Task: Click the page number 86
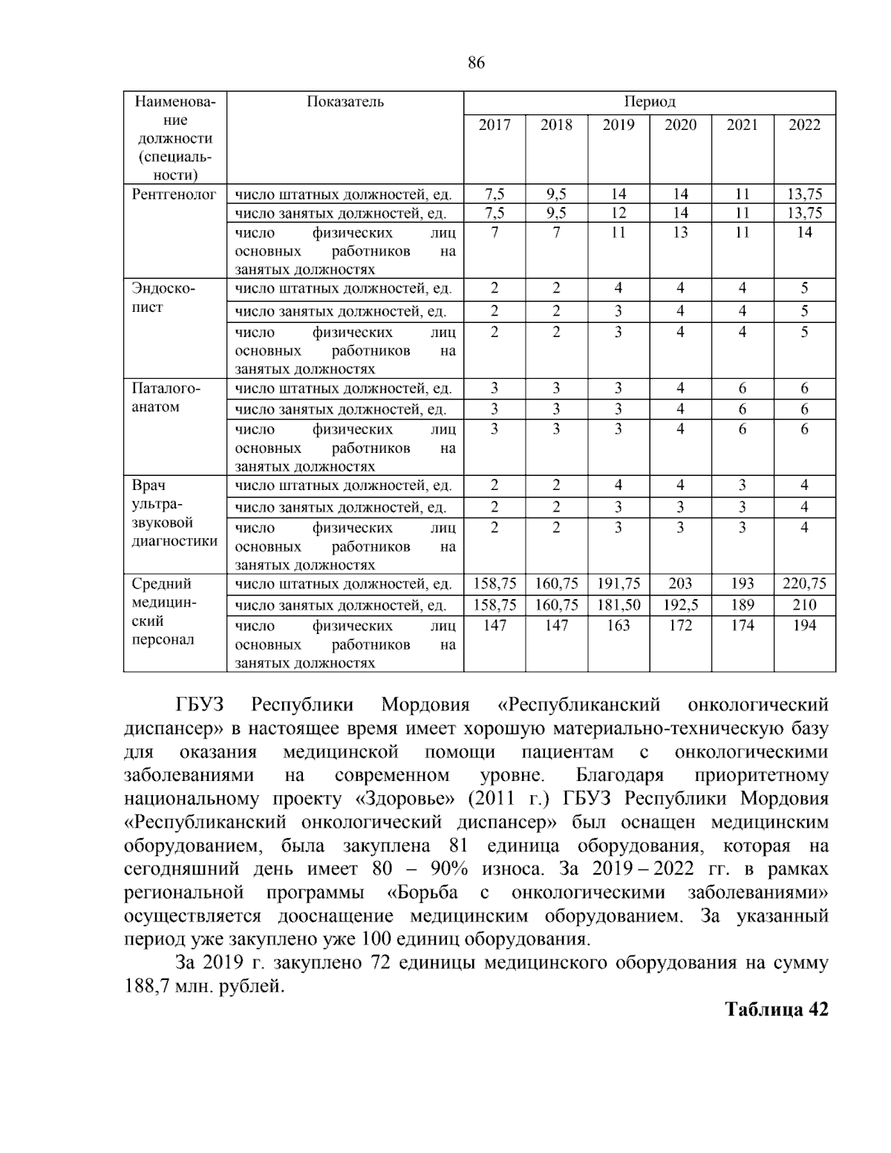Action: (477, 64)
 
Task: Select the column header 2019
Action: (619, 125)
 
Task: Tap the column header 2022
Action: (804, 125)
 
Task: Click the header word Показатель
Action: (345, 102)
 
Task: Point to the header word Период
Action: (650, 102)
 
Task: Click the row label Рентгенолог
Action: (174, 195)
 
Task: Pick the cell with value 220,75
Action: (804, 584)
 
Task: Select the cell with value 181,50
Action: (619, 605)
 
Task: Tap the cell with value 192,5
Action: (680, 605)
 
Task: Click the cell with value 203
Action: (680, 584)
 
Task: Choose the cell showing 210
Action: (804, 605)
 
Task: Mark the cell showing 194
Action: (804, 626)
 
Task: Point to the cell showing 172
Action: (680, 626)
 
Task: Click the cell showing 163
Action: (619, 626)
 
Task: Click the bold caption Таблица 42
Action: (776, 1010)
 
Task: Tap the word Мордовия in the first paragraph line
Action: (425, 705)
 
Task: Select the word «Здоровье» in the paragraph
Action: (386, 799)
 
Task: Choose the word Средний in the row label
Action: (162, 584)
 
